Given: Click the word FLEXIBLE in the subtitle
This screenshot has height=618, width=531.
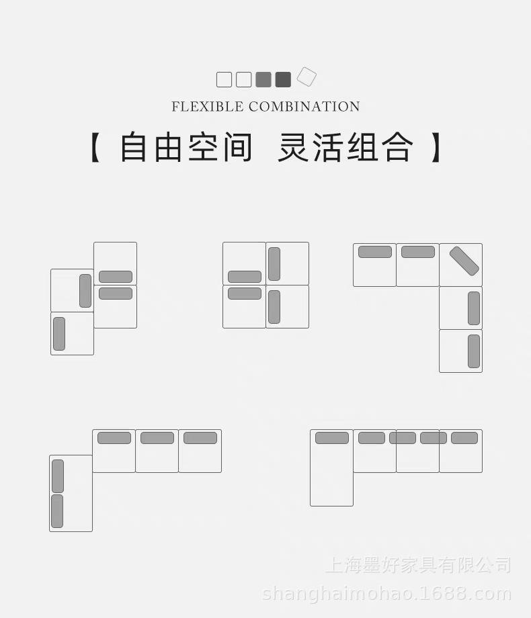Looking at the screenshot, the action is [x=208, y=107].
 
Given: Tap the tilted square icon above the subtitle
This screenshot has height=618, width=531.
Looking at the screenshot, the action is [x=307, y=77].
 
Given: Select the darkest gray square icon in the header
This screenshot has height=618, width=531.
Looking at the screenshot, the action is [x=283, y=80].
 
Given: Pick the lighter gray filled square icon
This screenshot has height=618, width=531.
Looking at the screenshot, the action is [x=263, y=80].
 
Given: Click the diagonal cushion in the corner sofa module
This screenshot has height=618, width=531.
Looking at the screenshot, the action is [x=464, y=261].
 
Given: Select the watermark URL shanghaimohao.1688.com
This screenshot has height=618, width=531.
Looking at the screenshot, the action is [x=386, y=594].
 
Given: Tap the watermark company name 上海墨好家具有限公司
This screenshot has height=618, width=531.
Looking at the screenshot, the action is [x=418, y=565].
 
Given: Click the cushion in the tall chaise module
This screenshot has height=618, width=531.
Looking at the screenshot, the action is [x=332, y=438].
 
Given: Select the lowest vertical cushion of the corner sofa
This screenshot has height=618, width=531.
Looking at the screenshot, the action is [x=474, y=351].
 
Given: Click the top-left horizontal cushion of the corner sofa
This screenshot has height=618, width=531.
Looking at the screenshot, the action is [x=375, y=252].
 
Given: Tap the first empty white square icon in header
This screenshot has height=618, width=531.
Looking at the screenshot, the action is [x=224, y=80].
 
